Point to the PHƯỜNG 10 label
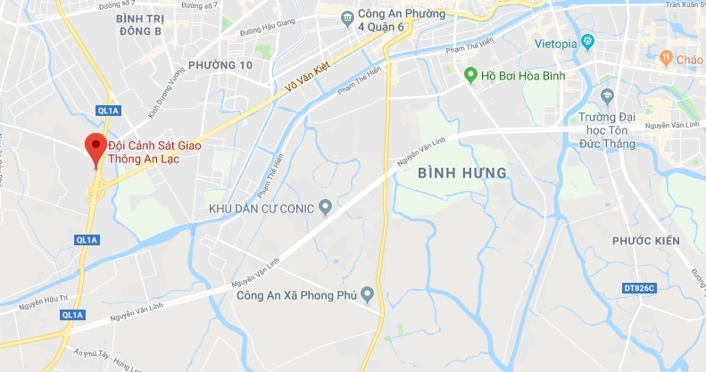pyautogui.click(x=220, y=66)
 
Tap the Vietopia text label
pyautogui.click(x=555, y=42)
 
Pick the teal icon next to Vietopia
pyautogui.click(x=587, y=41)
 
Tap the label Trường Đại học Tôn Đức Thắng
pyautogui.click(x=602, y=129)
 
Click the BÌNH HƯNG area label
pyautogui.click(x=462, y=172)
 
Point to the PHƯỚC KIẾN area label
pyautogui.click(x=645, y=241)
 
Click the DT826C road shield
pyautogui.click(x=639, y=288)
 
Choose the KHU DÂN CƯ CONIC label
pyautogui.click(x=261, y=208)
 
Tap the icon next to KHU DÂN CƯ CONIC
pyautogui.click(x=326, y=208)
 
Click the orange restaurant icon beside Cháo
pyautogui.click(x=664, y=59)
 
